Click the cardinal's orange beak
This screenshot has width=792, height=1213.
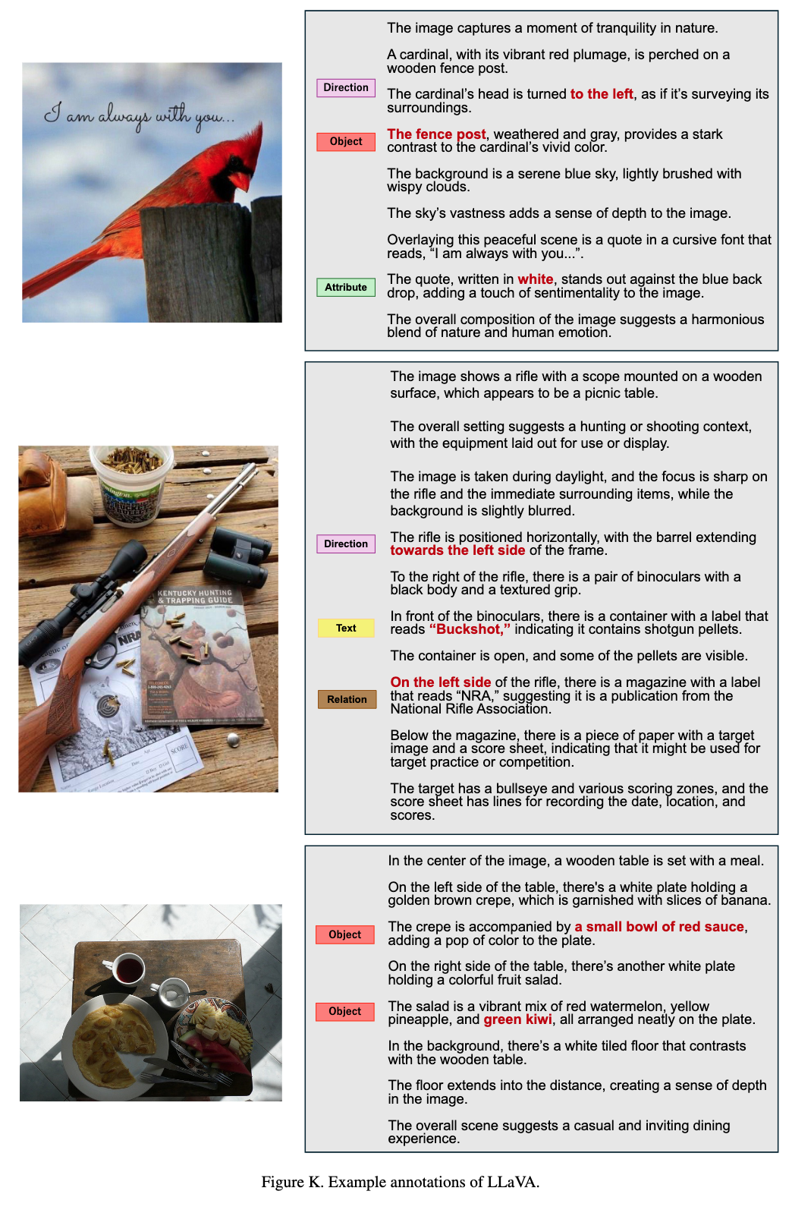[x=241, y=181]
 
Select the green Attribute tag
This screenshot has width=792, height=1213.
[x=345, y=287]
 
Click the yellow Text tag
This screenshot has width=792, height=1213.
[x=346, y=628]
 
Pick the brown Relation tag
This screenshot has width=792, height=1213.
[x=347, y=699]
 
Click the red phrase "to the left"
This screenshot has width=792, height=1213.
[x=601, y=94]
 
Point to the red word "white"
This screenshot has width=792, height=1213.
[x=535, y=279]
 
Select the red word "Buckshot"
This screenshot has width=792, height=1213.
[x=469, y=629]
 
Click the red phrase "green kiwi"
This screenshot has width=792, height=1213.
[x=517, y=1019]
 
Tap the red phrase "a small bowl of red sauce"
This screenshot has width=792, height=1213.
[x=658, y=927]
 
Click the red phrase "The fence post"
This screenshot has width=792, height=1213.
[x=436, y=134]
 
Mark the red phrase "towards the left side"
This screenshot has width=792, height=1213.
[x=457, y=550]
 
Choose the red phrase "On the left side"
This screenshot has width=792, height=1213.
[x=440, y=682]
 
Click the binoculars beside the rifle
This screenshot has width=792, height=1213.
[x=237, y=556]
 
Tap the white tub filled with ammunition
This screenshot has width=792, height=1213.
[x=131, y=484]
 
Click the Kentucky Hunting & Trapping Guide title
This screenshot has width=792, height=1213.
[x=195, y=596]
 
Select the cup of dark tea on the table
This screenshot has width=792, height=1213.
[x=127, y=969]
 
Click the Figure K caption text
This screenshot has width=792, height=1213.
[x=401, y=1182]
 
